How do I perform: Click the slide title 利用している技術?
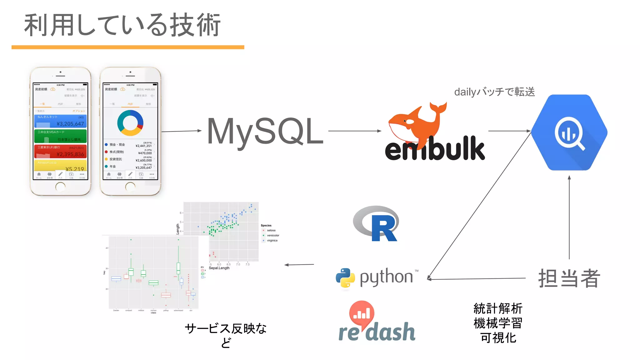(122, 25)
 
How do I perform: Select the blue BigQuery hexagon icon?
(569, 132)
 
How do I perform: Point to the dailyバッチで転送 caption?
(494, 92)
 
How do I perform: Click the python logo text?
(386, 277)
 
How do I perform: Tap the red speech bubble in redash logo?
(362, 312)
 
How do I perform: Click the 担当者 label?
(569, 278)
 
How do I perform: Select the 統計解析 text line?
(498, 308)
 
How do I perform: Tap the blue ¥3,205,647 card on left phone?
(60, 121)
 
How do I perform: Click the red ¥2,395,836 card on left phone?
(60, 151)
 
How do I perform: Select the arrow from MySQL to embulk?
(354, 131)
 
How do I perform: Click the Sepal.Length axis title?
(219, 268)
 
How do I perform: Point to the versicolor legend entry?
(272, 235)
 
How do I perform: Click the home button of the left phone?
(60, 187)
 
